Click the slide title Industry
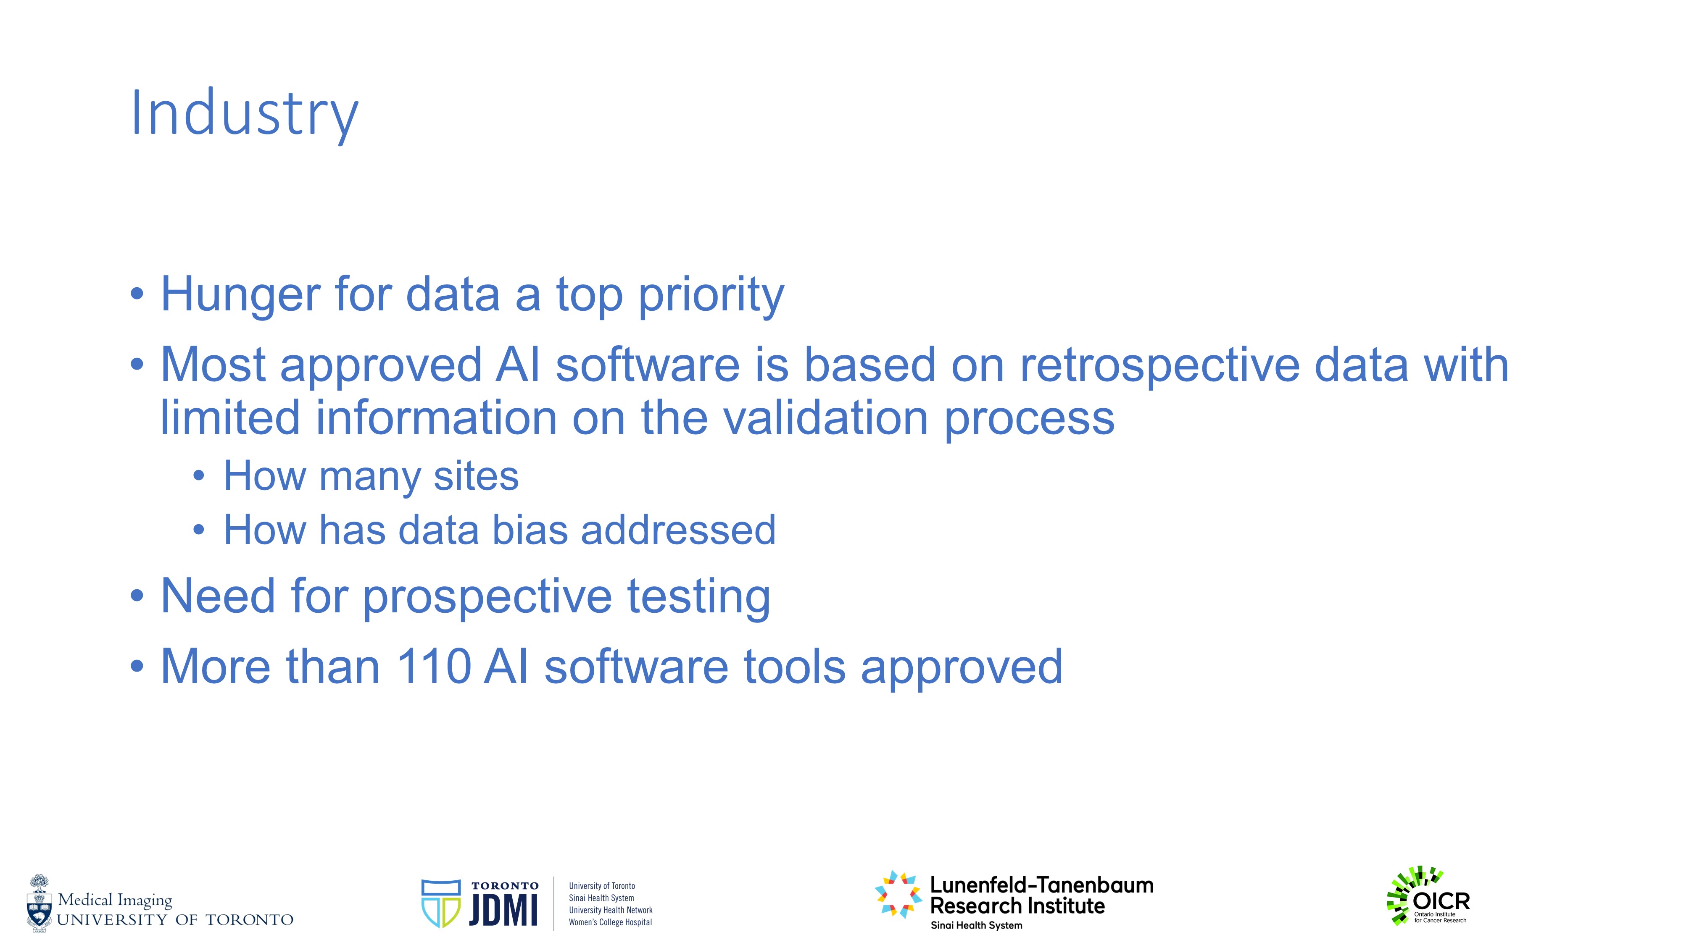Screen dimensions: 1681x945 (x=245, y=115)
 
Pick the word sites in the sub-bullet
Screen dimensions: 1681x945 (x=477, y=476)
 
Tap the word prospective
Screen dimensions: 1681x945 (x=487, y=597)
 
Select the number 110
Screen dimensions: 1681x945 (x=433, y=667)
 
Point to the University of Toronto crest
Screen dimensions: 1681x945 (x=39, y=903)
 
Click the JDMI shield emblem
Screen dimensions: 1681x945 (x=441, y=903)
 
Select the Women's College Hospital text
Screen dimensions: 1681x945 (x=610, y=922)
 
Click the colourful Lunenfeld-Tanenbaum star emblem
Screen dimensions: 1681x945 (x=898, y=894)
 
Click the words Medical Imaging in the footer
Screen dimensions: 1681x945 (x=115, y=900)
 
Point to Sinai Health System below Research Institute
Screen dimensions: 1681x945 (x=976, y=925)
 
